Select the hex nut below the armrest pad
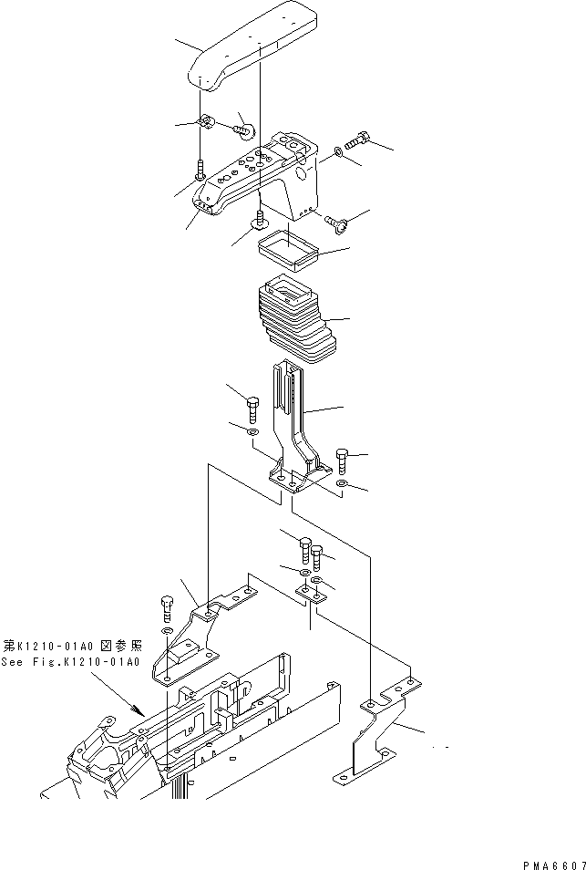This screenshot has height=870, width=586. (206, 122)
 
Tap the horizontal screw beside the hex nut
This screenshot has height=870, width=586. (242, 130)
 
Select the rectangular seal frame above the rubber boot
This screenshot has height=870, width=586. (286, 249)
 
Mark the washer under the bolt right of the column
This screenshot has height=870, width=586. (342, 483)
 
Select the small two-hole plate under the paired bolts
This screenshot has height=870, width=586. (312, 594)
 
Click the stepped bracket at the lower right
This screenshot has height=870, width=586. (378, 734)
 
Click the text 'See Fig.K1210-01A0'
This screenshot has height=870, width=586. (70, 662)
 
